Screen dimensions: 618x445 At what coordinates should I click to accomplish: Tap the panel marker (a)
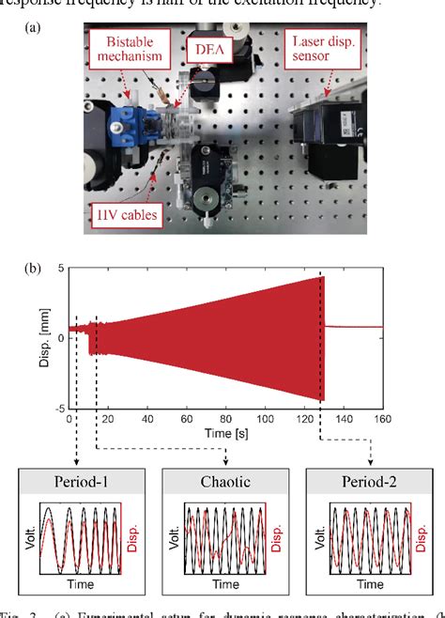35,27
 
